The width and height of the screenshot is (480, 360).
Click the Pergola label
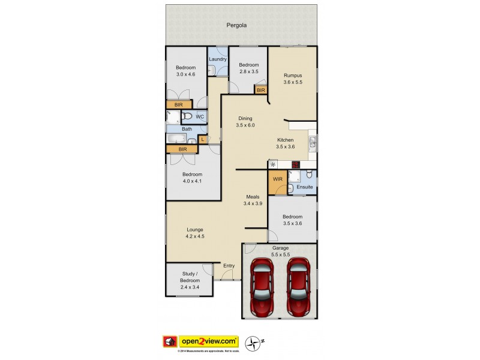[x=237, y=26]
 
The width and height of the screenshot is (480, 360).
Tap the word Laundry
[x=218, y=59]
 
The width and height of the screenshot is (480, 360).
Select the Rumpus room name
[x=293, y=75]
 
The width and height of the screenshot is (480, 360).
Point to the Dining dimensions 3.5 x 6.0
[x=246, y=125]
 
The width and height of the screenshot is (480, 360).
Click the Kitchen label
[x=285, y=140]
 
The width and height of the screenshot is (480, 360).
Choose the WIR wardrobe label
[x=278, y=179]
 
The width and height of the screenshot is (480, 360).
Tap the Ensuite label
[x=304, y=187]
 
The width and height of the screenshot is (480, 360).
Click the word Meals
[x=253, y=197]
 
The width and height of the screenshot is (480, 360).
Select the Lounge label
[x=194, y=229]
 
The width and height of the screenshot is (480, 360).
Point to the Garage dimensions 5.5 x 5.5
[x=281, y=255]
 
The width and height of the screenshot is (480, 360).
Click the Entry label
[x=229, y=266]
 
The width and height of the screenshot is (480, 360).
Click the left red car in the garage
[x=262, y=287]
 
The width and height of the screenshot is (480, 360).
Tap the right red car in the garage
[x=297, y=287]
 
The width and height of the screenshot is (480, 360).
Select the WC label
[x=199, y=116]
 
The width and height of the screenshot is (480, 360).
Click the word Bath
[x=187, y=129]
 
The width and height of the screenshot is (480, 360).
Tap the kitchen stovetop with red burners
[x=295, y=164]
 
